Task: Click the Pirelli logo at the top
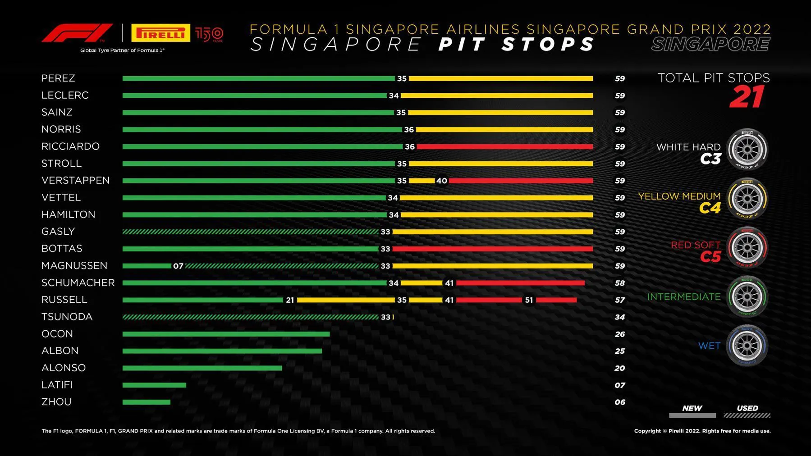click(160, 33)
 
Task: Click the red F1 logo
click(77, 33)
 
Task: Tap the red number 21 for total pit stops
click(747, 97)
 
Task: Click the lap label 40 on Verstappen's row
click(441, 181)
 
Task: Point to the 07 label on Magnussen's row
click(178, 266)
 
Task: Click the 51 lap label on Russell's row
click(529, 300)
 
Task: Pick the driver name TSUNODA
click(67, 317)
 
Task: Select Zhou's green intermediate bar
click(146, 402)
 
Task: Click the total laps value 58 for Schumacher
click(620, 283)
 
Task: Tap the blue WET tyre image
click(747, 346)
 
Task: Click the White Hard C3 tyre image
click(747, 150)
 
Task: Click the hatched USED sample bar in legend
click(747, 415)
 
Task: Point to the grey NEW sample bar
click(692, 415)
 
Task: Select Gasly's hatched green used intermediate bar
click(250, 232)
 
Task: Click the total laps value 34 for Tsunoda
click(620, 317)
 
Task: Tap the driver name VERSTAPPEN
click(75, 180)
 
